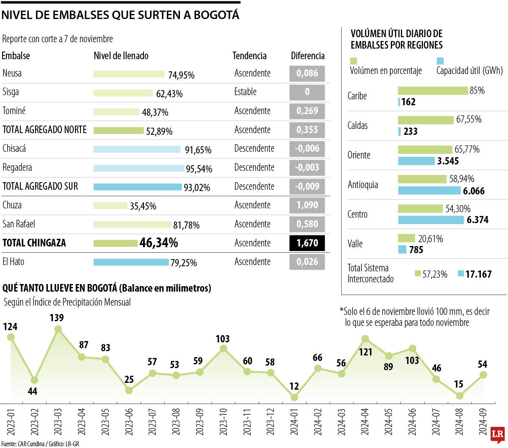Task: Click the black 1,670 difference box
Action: pos(307,243)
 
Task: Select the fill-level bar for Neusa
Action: pos(129,74)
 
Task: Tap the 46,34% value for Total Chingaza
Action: pos(159,243)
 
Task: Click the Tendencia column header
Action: pos(249,56)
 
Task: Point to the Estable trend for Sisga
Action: pos(246,92)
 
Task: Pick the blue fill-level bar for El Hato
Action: pos(131,262)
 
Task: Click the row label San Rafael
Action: pos(19,224)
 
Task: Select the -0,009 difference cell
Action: pos(307,186)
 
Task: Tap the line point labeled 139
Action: pos(58,329)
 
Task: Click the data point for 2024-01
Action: pos(294,397)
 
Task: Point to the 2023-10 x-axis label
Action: pos(224,421)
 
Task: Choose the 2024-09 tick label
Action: pos(483,421)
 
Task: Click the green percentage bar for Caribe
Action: pos(433,90)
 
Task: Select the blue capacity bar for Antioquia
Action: pos(429,191)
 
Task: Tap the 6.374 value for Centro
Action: pos(478,220)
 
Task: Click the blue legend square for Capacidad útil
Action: pos(440,61)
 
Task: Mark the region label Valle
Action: pos(356,244)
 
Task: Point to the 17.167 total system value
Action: pos(478,274)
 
